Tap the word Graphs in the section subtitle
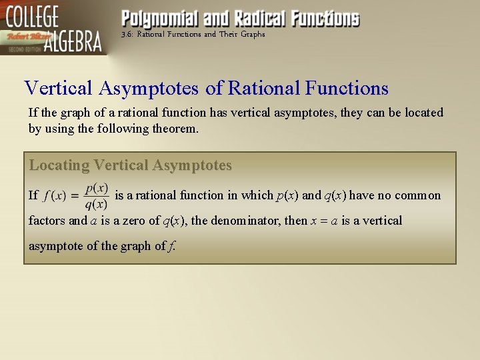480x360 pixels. [x=252, y=34]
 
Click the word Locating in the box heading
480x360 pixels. [x=59, y=165]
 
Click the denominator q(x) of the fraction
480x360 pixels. [x=97, y=204]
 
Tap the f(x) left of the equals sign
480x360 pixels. [x=55, y=196]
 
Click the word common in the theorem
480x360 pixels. [x=418, y=195]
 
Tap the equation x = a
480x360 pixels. [x=324, y=221]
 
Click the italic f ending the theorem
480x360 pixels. [x=172, y=246]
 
